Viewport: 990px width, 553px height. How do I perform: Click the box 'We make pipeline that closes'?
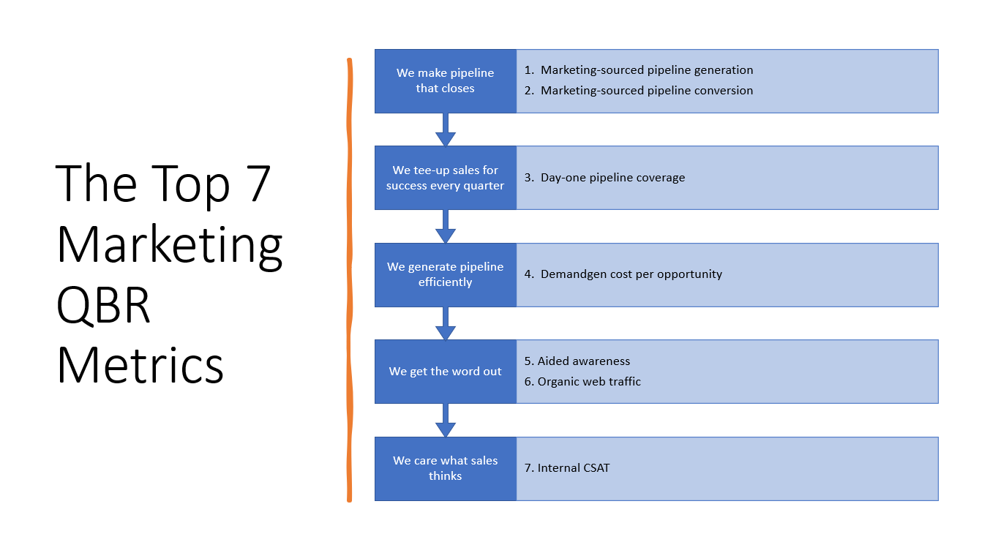pos(445,81)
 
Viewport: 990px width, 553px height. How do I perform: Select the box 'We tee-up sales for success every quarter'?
pos(445,178)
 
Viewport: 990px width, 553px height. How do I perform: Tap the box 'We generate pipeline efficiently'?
pos(445,275)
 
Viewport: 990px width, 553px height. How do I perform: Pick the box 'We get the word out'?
pos(445,372)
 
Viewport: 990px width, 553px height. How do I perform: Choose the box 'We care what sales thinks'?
pos(445,469)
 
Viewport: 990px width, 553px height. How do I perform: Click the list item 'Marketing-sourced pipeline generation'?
pos(647,70)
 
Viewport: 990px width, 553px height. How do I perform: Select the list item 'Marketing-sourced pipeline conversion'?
pos(647,91)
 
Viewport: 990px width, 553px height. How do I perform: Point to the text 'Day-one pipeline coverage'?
pos(612,178)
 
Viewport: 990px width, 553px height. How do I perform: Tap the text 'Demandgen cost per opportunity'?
pos(631,274)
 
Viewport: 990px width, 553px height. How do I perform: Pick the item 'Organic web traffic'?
pos(589,382)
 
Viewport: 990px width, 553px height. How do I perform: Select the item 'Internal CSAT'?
pos(573,467)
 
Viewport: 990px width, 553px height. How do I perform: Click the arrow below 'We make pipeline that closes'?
pos(445,130)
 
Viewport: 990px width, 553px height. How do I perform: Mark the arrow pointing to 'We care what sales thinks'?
pos(445,421)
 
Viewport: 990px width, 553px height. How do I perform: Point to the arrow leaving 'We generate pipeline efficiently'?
pos(445,324)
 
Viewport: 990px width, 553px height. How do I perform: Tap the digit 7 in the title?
pos(255,183)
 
